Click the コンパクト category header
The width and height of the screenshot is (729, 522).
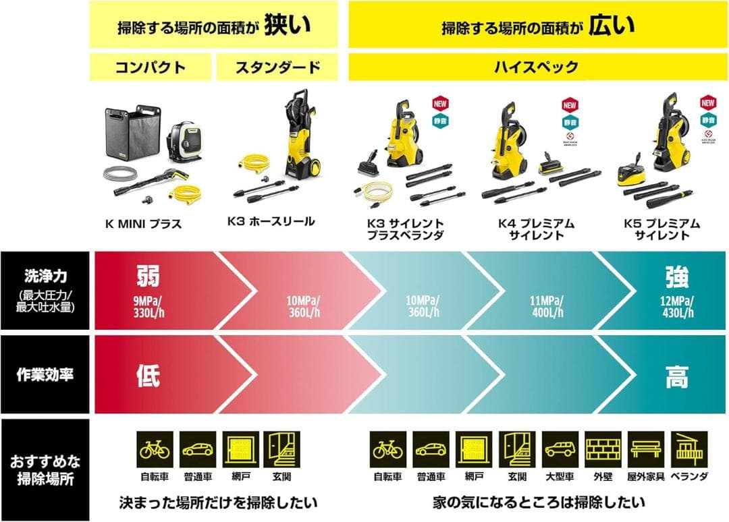150,67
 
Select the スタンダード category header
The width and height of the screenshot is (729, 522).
277,67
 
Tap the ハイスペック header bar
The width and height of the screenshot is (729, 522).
537,67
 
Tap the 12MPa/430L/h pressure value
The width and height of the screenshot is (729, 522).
677,307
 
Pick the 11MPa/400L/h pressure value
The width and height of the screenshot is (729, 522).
547,307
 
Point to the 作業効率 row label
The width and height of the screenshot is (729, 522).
45,375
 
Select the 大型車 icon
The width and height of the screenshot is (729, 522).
560,449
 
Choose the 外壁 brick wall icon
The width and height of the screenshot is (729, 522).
602,449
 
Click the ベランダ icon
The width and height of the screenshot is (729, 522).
689,449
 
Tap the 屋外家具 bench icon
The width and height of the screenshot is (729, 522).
645,449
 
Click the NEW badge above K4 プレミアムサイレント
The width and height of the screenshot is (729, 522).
569,105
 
